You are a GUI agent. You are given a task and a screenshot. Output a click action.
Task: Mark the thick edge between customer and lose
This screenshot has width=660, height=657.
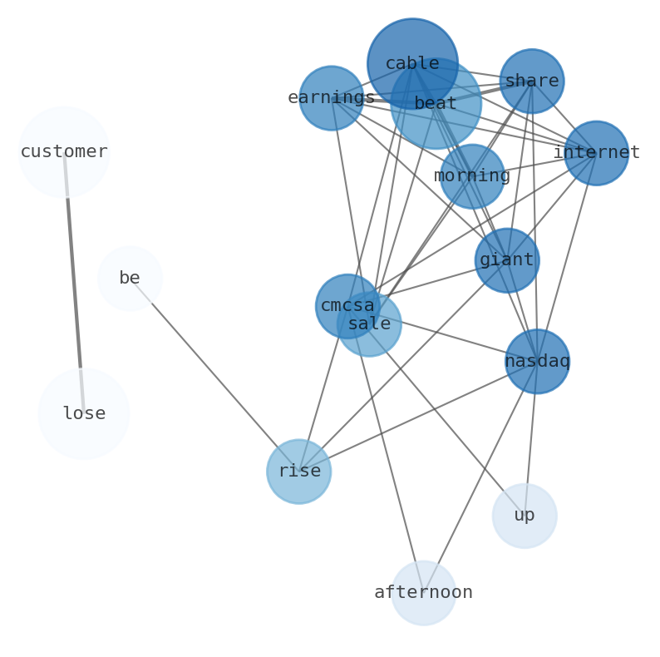(74, 283)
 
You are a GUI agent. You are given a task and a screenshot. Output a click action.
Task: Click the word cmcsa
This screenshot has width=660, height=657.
(347, 306)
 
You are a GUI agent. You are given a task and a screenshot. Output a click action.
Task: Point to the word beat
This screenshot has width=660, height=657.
(436, 104)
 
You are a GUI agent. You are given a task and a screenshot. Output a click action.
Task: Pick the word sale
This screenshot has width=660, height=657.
(369, 324)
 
